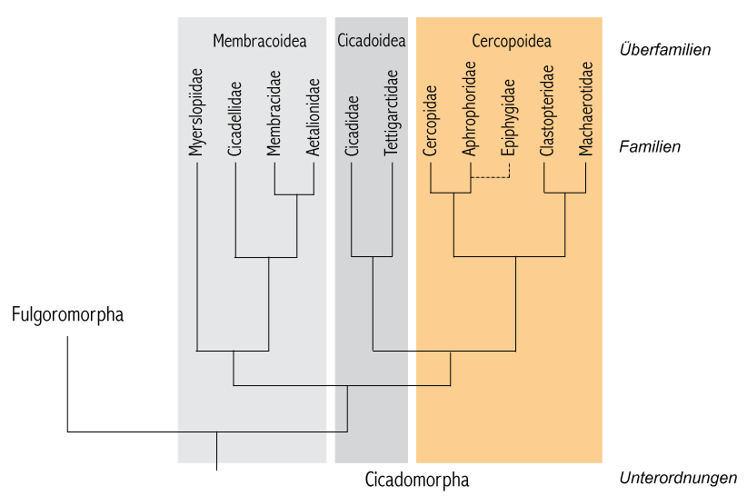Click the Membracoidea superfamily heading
point(260,41)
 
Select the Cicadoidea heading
point(372,41)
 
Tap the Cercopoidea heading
point(512,41)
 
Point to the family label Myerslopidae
point(195,113)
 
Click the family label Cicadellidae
point(234,119)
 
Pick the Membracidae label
point(274,114)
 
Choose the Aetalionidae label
point(313,117)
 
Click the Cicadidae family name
point(352,125)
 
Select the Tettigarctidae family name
point(391,113)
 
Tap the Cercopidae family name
point(430,121)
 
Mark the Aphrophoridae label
point(469,108)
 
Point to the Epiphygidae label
point(508,117)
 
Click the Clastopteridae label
point(547,111)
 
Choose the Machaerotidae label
point(586,108)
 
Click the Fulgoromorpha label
point(67,315)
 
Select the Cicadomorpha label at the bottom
point(417,480)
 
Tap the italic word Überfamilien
point(665,49)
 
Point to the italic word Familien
point(650,146)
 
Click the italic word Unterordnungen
point(678,478)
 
